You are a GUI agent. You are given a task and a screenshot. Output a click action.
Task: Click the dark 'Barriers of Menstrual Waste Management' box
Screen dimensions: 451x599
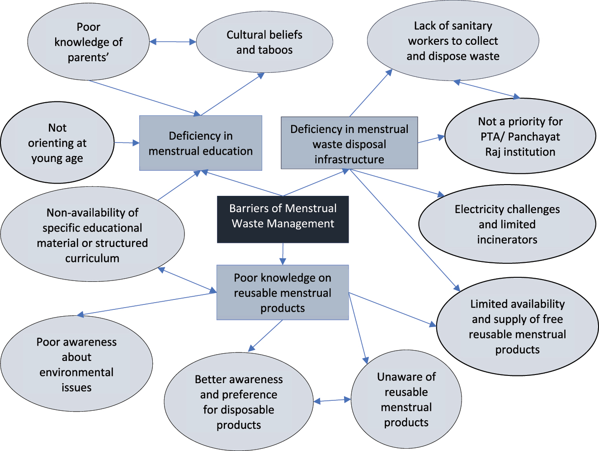(283, 219)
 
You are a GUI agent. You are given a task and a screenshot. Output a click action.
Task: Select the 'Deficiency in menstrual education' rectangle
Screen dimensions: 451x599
(200, 143)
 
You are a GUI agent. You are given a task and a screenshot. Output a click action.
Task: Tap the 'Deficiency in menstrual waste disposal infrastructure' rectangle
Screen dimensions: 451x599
(349, 143)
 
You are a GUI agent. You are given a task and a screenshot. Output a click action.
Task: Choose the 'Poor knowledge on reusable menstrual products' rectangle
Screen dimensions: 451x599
(283, 292)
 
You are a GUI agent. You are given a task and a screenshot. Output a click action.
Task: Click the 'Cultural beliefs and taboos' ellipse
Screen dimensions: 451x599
(264, 42)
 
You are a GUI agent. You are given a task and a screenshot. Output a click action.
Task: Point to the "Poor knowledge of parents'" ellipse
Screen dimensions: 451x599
(88, 42)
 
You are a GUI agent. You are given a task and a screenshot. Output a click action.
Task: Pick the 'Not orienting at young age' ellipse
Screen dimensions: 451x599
(57, 142)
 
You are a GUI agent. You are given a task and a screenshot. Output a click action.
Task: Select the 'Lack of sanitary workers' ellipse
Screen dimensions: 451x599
(453, 41)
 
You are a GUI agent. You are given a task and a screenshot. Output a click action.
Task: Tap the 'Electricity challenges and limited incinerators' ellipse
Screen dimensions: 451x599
(507, 224)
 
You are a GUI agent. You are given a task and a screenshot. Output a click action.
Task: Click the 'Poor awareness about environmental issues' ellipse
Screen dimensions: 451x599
(76, 364)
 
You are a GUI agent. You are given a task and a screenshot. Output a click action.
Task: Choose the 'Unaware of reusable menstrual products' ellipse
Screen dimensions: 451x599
(406, 399)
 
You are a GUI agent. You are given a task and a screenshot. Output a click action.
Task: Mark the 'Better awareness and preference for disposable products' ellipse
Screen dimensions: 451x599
(239, 402)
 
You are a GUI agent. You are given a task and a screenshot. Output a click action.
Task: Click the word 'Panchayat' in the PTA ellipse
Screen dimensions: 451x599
(534, 137)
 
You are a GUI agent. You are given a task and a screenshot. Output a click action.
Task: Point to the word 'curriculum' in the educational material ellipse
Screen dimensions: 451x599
(92, 258)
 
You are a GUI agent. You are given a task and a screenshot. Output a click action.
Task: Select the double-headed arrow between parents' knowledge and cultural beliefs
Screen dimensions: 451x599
(173, 42)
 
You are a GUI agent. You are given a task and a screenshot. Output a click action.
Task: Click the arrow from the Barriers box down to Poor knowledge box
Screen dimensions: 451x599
(283, 254)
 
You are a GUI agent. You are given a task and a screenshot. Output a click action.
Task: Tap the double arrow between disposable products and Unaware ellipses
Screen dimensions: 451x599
(332, 400)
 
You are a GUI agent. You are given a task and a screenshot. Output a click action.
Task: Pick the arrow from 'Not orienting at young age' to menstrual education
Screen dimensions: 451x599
(127, 143)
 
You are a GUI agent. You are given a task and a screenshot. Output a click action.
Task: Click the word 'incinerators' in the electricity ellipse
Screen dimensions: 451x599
(507, 239)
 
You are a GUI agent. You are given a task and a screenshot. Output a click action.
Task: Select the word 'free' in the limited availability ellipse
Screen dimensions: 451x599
(553, 319)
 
